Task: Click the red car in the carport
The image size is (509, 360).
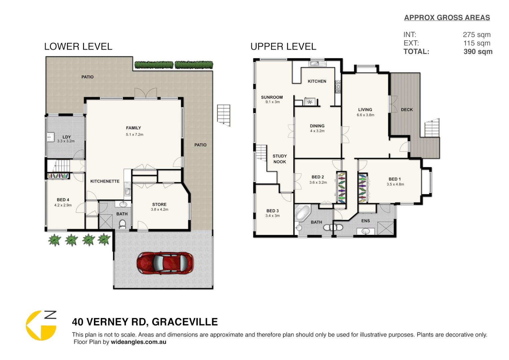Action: (165, 263)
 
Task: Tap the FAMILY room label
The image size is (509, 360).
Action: (133, 128)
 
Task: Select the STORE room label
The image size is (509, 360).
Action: (159, 204)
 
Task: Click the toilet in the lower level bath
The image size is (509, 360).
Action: (122, 224)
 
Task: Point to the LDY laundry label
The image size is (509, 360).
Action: (67, 137)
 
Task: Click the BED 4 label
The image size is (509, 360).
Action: (63, 200)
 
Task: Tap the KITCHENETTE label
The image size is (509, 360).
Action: (105, 181)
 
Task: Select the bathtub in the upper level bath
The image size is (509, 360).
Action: (302, 213)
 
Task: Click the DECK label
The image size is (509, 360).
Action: (407, 110)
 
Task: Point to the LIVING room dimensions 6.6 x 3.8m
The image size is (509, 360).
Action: (365, 115)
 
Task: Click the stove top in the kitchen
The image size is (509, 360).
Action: (338, 86)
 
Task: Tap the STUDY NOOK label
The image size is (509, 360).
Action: (279, 159)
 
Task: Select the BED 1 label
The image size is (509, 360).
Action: (395, 179)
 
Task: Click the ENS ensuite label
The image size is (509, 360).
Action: (365, 221)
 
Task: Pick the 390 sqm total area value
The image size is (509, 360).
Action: (478, 52)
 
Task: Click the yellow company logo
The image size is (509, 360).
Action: (41, 326)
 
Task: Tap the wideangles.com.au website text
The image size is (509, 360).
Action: (138, 342)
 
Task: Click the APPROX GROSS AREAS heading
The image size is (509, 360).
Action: (447, 18)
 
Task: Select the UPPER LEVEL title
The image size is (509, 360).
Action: (283, 47)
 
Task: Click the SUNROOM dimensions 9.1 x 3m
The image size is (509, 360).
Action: (272, 102)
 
